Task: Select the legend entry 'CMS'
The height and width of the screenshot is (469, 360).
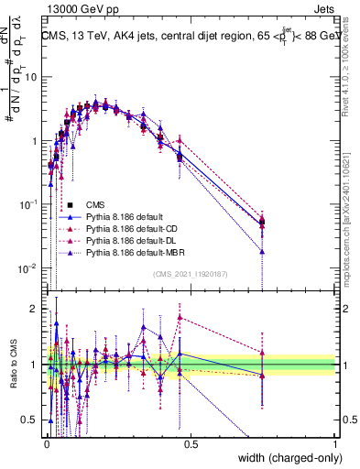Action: pyautogui.click(x=95, y=204)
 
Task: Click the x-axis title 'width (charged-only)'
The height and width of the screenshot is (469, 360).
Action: pyautogui.click(x=285, y=457)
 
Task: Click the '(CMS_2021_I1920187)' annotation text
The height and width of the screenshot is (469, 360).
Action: pyautogui.click(x=190, y=273)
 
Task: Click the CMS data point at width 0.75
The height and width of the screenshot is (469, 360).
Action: pyautogui.click(x=263, y=221)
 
